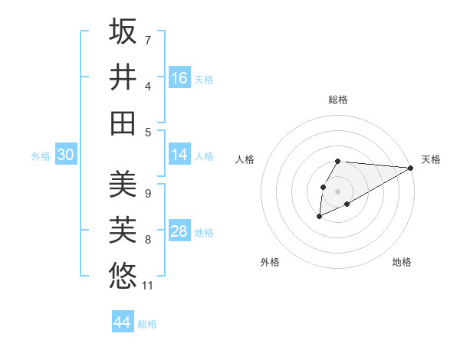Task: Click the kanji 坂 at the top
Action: click(123, 31)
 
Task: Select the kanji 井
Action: click(123, 77)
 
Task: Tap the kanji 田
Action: click(123, 123)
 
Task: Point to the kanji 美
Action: click(123, 185)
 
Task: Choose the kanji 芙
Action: click(123, 231)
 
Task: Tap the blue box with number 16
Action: click(179, 78)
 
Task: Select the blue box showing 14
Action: click(179, 155)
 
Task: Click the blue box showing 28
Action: click(179, 231)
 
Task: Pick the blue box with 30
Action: click(65, 155)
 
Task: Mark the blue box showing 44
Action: click(123, 322)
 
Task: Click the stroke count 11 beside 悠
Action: click(148, 286)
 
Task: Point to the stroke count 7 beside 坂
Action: click(148, 40)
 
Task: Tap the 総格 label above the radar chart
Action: click(338, 100)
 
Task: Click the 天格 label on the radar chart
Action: click(431, 159)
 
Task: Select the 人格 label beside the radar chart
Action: click(245, 159)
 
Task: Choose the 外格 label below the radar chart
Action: click(270, 263)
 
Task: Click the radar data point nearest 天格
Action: click(411, 168)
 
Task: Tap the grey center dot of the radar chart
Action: click(337, 191)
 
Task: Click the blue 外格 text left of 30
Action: click(41, 156)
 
